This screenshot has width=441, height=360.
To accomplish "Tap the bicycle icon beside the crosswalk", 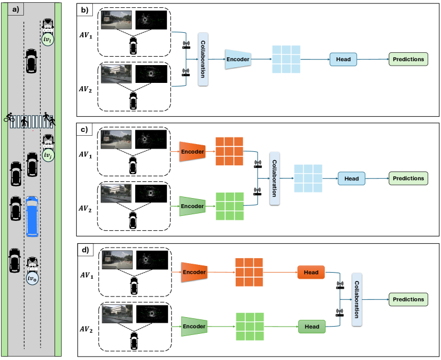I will [9, 118].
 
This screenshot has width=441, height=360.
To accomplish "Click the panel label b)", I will [84, 9].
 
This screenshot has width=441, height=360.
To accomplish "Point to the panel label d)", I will [84, 250].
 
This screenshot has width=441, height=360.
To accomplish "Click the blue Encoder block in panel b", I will [237, 60].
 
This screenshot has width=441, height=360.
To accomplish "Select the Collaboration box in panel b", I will [203, 60].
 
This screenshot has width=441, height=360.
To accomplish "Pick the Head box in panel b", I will [343, 59].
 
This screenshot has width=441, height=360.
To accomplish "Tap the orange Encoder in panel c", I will [192, 151].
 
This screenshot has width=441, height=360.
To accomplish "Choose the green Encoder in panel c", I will [192, 206].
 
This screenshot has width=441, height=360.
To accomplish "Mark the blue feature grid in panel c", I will [308, 179].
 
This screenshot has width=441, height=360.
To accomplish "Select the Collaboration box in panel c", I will [274, 179].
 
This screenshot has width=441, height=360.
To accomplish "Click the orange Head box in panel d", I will [311, 273].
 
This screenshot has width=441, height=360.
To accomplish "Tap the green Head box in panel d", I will [311, 327].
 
